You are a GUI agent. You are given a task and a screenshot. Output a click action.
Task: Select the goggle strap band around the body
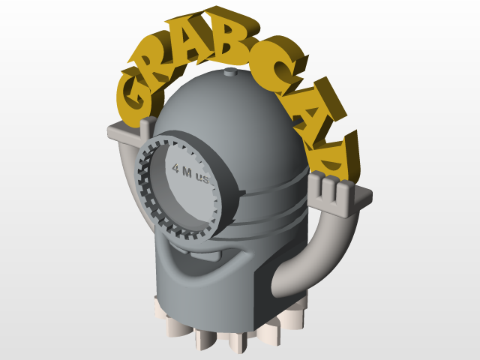point(270,187)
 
